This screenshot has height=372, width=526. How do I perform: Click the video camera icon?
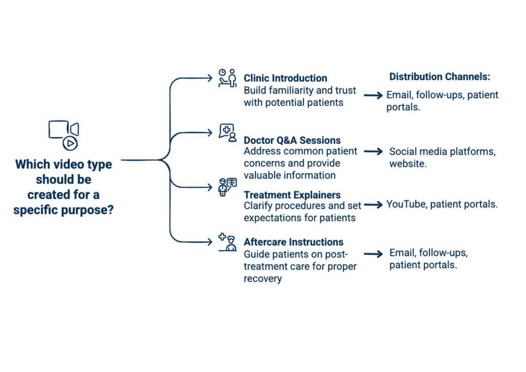coord(64,134)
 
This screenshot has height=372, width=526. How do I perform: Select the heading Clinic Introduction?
coord(285,78)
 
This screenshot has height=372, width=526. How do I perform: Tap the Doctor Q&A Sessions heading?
coord(292,140)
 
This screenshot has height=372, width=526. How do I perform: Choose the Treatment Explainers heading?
coord(292,195)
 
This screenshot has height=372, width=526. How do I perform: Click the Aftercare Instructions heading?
coord(293,242)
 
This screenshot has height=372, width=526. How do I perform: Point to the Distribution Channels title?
coord(440,77)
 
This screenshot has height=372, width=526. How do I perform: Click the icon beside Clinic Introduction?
coord(227,78)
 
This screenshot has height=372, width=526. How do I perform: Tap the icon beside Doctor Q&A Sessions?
coord(227,132)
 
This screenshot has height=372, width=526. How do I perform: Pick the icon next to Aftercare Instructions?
coord(227,242)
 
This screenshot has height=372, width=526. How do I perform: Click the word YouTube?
coord(406,204)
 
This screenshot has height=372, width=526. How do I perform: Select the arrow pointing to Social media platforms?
coord(373,152)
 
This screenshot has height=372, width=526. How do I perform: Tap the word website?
coord(408,164)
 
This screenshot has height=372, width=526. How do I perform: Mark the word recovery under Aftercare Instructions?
coord(262,279)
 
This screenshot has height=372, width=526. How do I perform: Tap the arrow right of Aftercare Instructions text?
coord(373,254)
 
